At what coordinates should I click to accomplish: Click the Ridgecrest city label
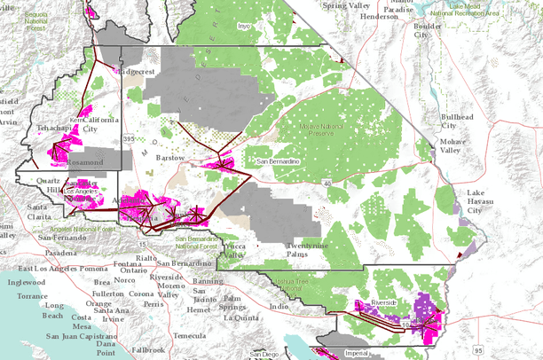click(x=141, y=70)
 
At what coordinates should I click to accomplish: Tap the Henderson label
click(x=391, y=16)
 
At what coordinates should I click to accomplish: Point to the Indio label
click(x=279, y=306)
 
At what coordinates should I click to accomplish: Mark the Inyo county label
click(x=244, y=27)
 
